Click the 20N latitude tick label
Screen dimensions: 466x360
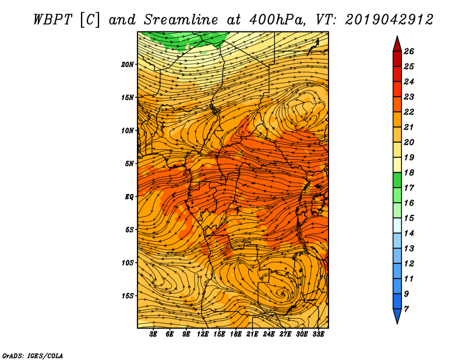click(128, 65)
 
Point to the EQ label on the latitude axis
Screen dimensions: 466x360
click(129, 197)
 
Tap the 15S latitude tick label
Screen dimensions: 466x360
click(128, 296)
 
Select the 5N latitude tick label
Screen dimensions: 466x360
click(129, 164)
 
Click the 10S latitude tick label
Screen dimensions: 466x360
click(128, 263)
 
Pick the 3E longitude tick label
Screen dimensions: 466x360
click(153, 334)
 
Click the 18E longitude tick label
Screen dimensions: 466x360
click(236, 334)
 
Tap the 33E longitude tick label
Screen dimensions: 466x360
click(318, 334)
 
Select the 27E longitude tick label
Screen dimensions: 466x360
click(285, 334)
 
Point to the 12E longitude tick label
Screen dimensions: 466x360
click(203, 334)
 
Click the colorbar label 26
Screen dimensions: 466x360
click(409, 51)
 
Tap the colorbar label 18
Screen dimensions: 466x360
click(409, 172)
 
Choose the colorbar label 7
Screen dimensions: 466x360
click(406, 309)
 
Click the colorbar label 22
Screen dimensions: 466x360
click(409, 112)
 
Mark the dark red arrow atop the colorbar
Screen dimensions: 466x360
click(397, 44)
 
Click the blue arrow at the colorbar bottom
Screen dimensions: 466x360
click(397, 316)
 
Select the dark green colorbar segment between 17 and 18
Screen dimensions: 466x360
click(397, 180)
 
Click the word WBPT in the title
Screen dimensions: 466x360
click(52, 20)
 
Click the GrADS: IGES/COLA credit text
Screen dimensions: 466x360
click(33, 355)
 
